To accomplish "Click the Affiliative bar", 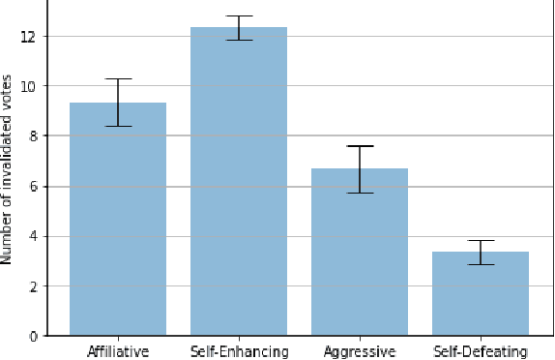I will (118, 220).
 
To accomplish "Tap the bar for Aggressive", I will (360, 253).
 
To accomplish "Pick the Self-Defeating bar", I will (481, 294).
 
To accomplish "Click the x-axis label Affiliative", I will (118, 351).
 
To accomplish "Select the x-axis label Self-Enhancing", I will (239, 351).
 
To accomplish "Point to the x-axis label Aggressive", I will (360, 351).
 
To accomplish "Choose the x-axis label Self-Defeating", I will (481, 351).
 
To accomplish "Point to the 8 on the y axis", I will (32, 136).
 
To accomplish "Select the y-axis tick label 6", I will (32, 187).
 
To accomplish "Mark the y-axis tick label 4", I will (32, 236).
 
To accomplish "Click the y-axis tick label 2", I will (32, 286).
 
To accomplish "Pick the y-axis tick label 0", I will (32, 337).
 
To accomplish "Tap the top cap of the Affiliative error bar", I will (118, 78).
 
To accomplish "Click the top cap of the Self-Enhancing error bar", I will (239, 16).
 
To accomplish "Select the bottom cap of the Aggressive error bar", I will (360, 193).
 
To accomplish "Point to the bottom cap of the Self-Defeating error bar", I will (481, 264).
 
